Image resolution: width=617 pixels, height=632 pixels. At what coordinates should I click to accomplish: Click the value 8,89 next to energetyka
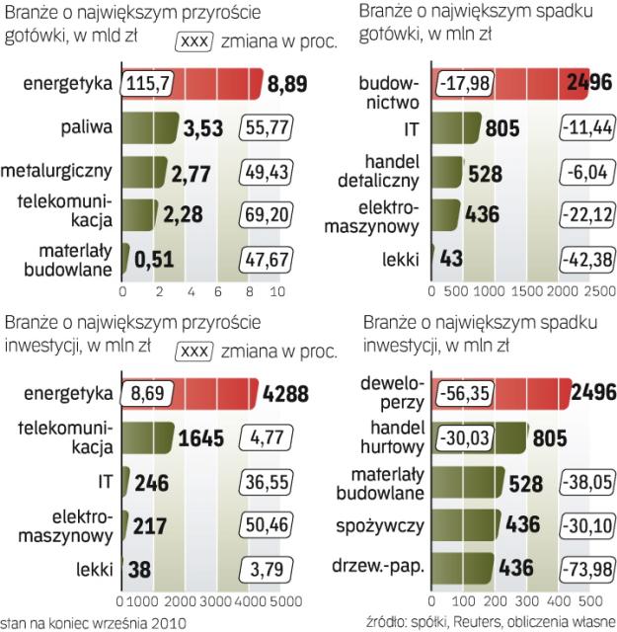pos(289,86)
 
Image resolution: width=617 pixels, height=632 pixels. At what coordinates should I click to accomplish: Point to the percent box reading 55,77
pos(266,127)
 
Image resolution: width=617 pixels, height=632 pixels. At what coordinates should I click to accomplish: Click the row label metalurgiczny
pos(57,170)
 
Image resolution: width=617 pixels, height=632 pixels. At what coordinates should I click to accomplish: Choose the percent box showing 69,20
pos(266,213)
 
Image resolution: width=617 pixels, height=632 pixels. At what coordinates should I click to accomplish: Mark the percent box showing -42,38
pos(587,258)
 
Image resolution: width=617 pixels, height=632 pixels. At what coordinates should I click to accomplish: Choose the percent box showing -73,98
pos(587,568)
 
